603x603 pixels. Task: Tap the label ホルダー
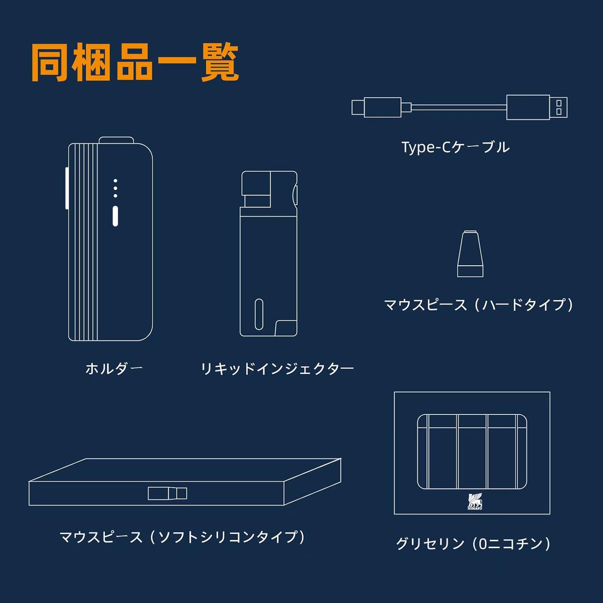pyautogui.click(x=114, y=368)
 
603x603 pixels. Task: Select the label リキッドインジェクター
pyautogui.click(x=277, y=368)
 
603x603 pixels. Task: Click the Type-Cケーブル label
pyautogui.click(x=455, y=147)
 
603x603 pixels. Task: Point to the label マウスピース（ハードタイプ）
pyautogui.click(x=478, y=305)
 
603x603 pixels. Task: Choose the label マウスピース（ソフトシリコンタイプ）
pyautogui.click(x=182, y=537)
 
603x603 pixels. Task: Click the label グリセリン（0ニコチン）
pyautogui.click(x=473, y=544)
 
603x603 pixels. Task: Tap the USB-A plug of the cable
pyautogui.click(x=537, y=107)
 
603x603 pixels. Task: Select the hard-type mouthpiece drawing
pyautogui.click(x=470, y=254)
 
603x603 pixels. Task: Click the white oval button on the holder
pyautogui.click(x=115, y=216)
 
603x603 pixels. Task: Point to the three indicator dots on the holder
pyautogui.click(x=115, y=188)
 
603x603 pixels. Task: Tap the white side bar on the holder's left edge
pyautogui.click(x=67, y=188)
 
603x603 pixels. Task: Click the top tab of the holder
pyautogui.click(x=116, y=139)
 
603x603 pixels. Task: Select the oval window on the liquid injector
pyautogui.click(x=259, y=314)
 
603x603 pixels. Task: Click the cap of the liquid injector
pyautogui.click(x=269, y=189)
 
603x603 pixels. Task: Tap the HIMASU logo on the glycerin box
pyautogui.click(x=474, y=501)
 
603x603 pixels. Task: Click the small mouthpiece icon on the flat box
pyautogui.click(x=167, y=493)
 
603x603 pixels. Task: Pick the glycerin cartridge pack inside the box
pyautogui.click(x=472, y=451)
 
